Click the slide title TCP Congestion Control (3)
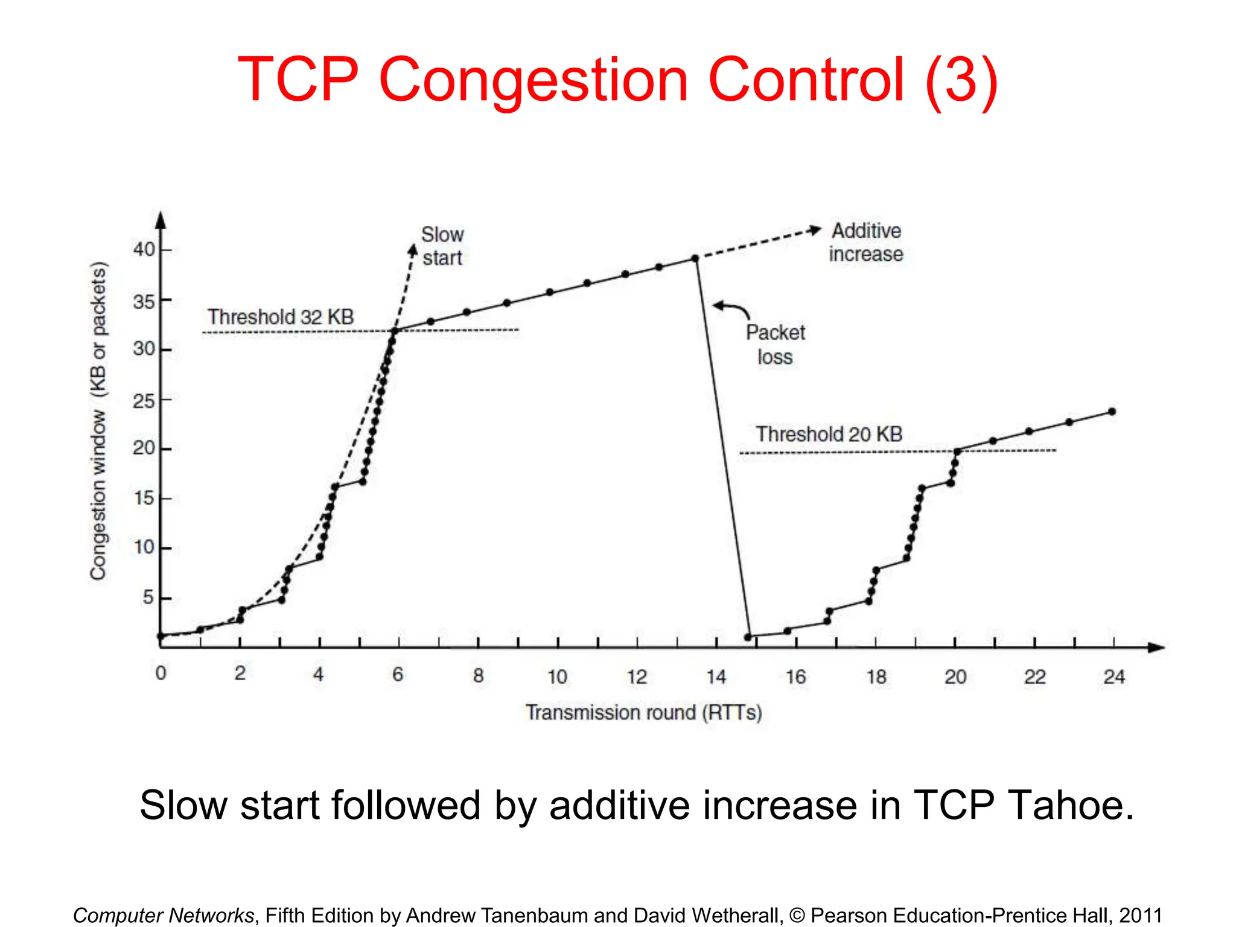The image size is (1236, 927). coord(617,80)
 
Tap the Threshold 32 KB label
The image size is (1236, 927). coord(280,317)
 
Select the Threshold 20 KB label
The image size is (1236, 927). coord(829,434)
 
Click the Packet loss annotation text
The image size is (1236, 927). coord(775,345)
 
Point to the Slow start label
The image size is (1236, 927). coord(442,246)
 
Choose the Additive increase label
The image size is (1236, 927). coord(865,243)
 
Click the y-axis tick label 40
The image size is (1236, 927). coord(144,249)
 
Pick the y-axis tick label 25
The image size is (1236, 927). coord(144,401)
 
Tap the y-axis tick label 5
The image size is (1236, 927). coord(148,597)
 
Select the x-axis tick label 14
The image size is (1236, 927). coord(716,677)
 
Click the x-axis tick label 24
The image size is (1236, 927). coord(1113,677)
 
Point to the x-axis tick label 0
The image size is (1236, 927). coord(161,673)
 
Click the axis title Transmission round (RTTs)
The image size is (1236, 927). coord(643,713)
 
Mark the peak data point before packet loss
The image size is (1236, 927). coord(695,258)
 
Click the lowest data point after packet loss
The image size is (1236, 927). coord(748,637)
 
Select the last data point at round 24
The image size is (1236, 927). coord(1112,412)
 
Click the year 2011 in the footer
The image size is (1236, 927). coord(1140,915)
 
